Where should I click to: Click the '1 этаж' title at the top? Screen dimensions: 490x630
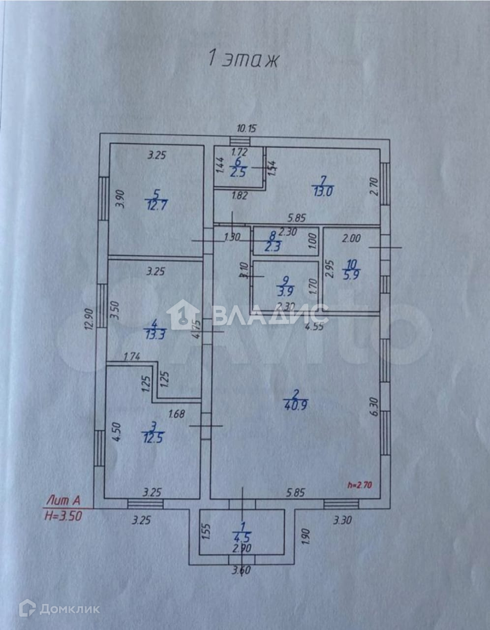click(x=244, y=59)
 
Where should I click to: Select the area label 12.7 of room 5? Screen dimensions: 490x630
click(x=157, y=204)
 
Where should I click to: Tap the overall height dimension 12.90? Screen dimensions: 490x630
click(x=89, y=321)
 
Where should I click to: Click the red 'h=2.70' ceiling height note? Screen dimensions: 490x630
click(x=360, y=485)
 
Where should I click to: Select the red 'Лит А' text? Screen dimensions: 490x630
click(x=63, y=501)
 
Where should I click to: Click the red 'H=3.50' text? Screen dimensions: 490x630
click(x=62, y=516)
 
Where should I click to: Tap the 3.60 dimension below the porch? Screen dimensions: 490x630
click(x=241, y=571)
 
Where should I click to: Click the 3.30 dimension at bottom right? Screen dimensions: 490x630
click(x=342, y=520)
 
